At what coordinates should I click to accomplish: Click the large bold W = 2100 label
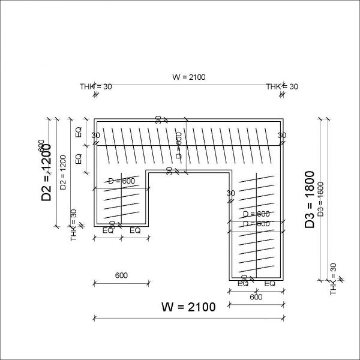point(188,307)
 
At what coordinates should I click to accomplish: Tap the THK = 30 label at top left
point(96,86)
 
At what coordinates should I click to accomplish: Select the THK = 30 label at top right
point(282,86)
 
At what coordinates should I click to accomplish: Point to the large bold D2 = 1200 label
point(47,173)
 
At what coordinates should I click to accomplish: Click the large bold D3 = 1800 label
point(310,199)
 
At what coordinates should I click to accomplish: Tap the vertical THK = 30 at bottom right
point(334,280)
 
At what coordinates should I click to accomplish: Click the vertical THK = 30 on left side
point(74,225)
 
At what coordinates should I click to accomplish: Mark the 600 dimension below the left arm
point(121,276)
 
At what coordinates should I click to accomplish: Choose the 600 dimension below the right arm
point(256,296)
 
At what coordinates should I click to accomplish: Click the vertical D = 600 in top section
point(178,145)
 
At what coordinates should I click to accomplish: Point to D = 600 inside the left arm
point(121,181)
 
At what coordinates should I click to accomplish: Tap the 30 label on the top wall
point(158,120)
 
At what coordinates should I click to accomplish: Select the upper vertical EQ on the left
point(78,132)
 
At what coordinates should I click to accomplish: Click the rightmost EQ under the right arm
point(270,283)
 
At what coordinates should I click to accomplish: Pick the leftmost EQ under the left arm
point(108,230)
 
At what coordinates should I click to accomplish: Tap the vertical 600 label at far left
point(41,146)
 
